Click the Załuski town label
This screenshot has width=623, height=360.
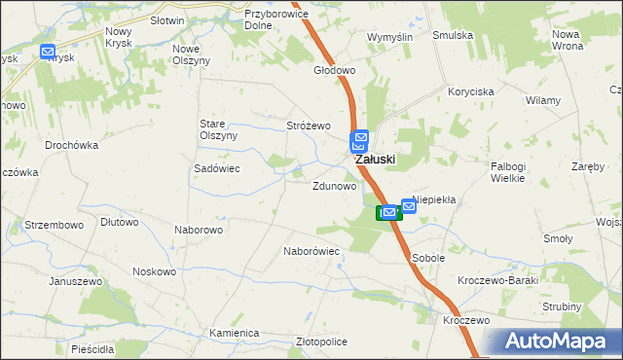[375, 160]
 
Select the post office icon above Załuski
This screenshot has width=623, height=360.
[360, 141]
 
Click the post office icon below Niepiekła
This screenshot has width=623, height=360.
[409, 206]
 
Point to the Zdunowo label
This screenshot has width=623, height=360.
[334, 185]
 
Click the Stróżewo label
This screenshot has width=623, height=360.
[309, 126]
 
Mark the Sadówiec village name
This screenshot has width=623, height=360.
[217, 168]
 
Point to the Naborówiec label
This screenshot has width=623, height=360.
[311, 251]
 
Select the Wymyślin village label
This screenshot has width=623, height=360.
[389, 36]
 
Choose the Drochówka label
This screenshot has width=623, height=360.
[72, 145]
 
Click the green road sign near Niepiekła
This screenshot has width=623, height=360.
[385, 211]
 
